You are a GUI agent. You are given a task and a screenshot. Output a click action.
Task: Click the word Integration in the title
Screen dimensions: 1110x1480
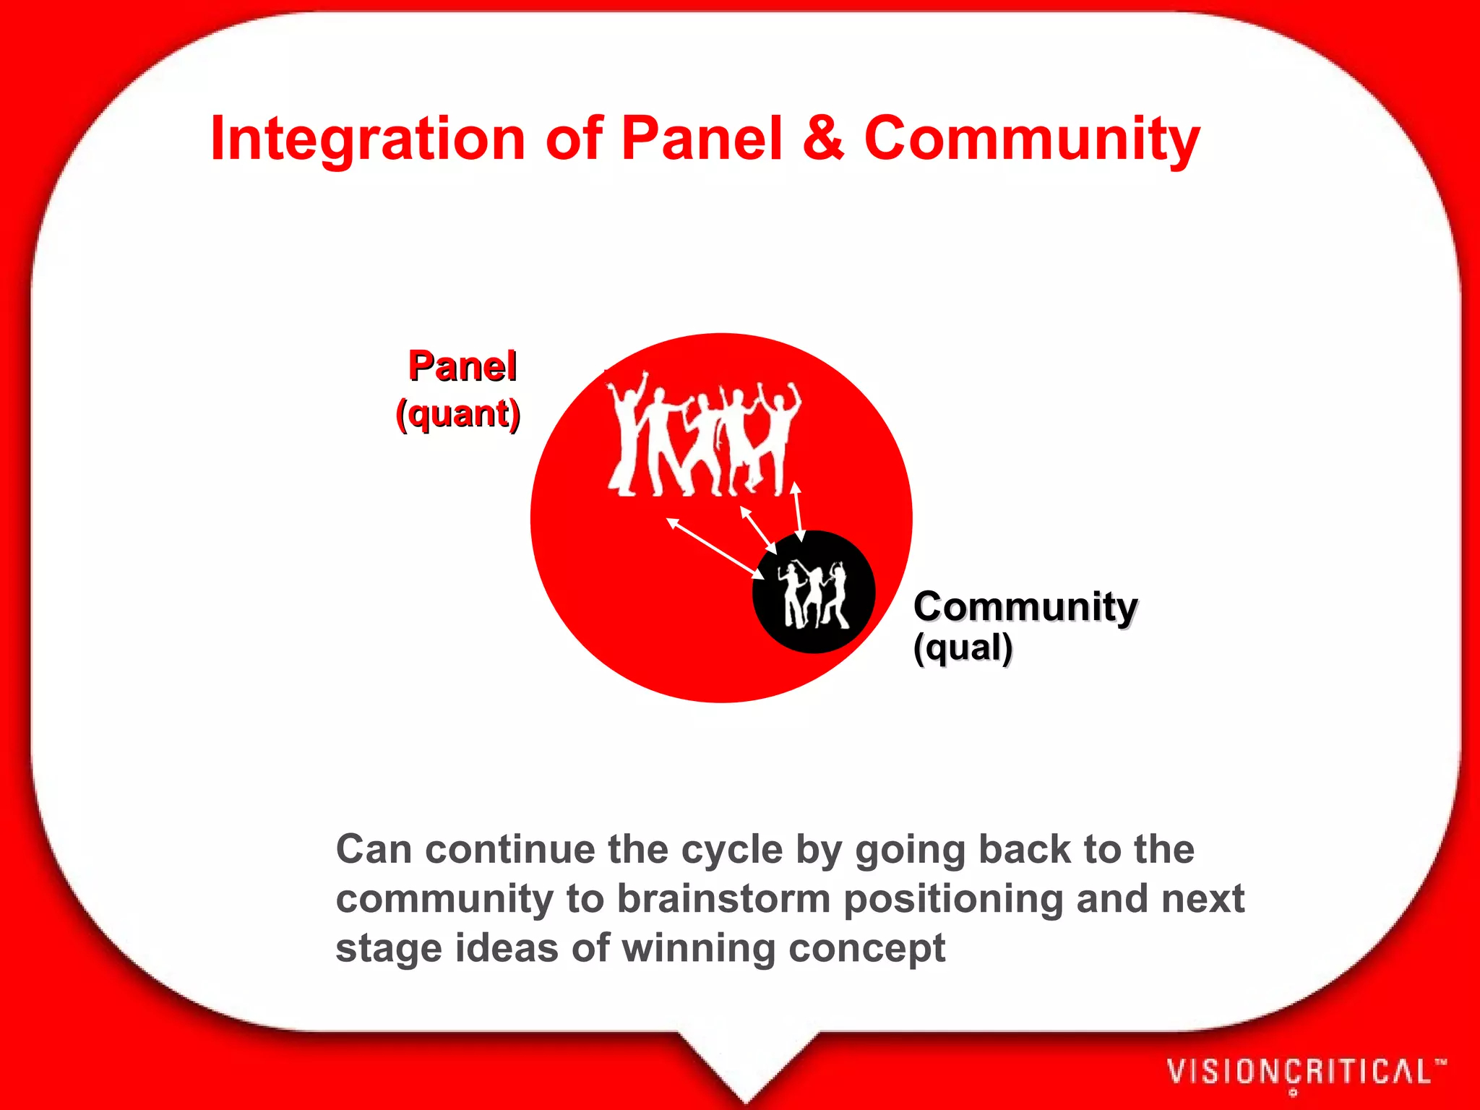[x=367, y=139]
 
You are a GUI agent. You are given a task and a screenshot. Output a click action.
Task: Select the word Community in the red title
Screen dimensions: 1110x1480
[x=1031, y=139]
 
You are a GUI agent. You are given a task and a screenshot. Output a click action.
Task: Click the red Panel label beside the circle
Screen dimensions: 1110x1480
[x=462, y=366]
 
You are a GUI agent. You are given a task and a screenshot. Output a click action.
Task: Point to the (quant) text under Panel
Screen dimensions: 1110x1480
[x=458, y=414]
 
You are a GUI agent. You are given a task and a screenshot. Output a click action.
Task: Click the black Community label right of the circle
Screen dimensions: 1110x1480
[x=1025, y=606]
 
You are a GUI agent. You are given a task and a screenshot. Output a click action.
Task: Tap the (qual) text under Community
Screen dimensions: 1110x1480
[x=963, y=647]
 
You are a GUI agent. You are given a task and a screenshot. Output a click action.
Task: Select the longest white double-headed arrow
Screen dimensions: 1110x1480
[x=715, y=548]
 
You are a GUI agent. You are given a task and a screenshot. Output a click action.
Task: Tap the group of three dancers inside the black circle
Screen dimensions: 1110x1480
[x=816, y=595]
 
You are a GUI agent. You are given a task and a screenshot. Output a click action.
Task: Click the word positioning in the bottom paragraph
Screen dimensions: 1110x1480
[x=953, y=899]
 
